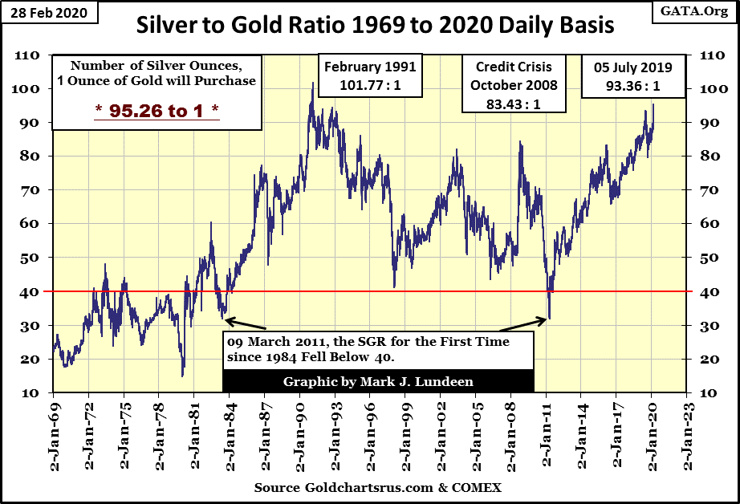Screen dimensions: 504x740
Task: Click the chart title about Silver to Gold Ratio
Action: pyautogui.click(x=376, y=25)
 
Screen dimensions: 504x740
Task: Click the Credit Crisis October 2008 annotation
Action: pyautogui.click(x=507, y=84)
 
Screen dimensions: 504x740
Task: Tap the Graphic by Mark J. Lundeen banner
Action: pyautogui.click(x=377, y=381)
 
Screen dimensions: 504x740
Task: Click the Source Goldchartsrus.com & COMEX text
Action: pyautogui.click(x=377, y=488)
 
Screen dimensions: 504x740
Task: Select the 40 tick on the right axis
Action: pyautogui.click(x=710, y=291)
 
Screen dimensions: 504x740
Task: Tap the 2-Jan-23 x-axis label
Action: pyautogui.click(x=685, y=437)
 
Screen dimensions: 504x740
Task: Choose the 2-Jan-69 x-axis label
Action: pyautogui.click(x=54, y=437)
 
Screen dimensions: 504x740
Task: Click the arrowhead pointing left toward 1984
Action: pyautogui.click(x=228, y=321)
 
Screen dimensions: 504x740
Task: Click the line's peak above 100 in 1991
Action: pyautogui.click(x=312, y=83)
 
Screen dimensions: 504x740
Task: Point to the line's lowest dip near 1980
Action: pyautogui.click(x=182, y=376)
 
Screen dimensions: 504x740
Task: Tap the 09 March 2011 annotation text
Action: pyautogui.click(x=377, y=349)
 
